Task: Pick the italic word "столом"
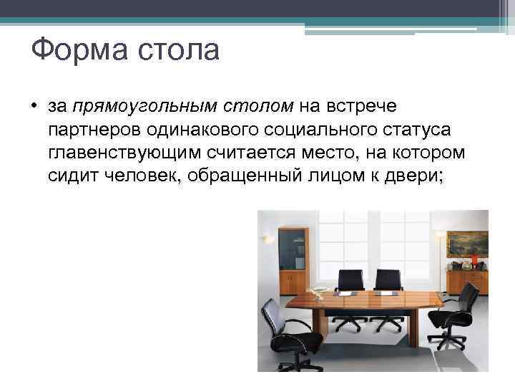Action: point(258,107)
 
